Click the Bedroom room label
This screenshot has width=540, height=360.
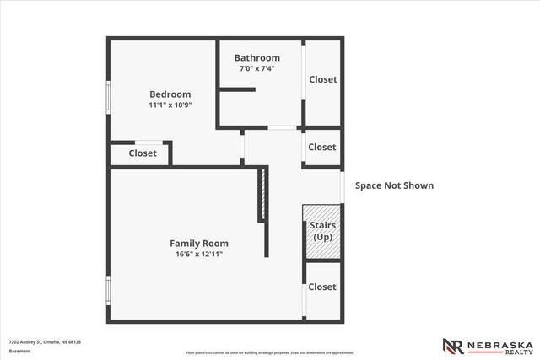[170, 94]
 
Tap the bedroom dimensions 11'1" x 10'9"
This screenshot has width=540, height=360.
[170, 105]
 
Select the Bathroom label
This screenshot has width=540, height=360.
[258, 57]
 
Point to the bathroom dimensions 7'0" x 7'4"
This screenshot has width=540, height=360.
[258, 68]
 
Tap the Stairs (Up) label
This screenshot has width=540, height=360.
[322, 231]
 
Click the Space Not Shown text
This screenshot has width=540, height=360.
[394, 185]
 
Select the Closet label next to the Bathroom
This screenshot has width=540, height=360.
[322, 79]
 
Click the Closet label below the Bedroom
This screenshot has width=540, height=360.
[143, 153]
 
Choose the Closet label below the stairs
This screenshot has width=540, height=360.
[322, 287]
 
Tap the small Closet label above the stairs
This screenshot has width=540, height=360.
[322, 147]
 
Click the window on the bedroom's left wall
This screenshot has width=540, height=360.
[107, 94]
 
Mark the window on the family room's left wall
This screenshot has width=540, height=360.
[107, 289]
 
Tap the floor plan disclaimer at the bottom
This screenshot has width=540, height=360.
[270, 352]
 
